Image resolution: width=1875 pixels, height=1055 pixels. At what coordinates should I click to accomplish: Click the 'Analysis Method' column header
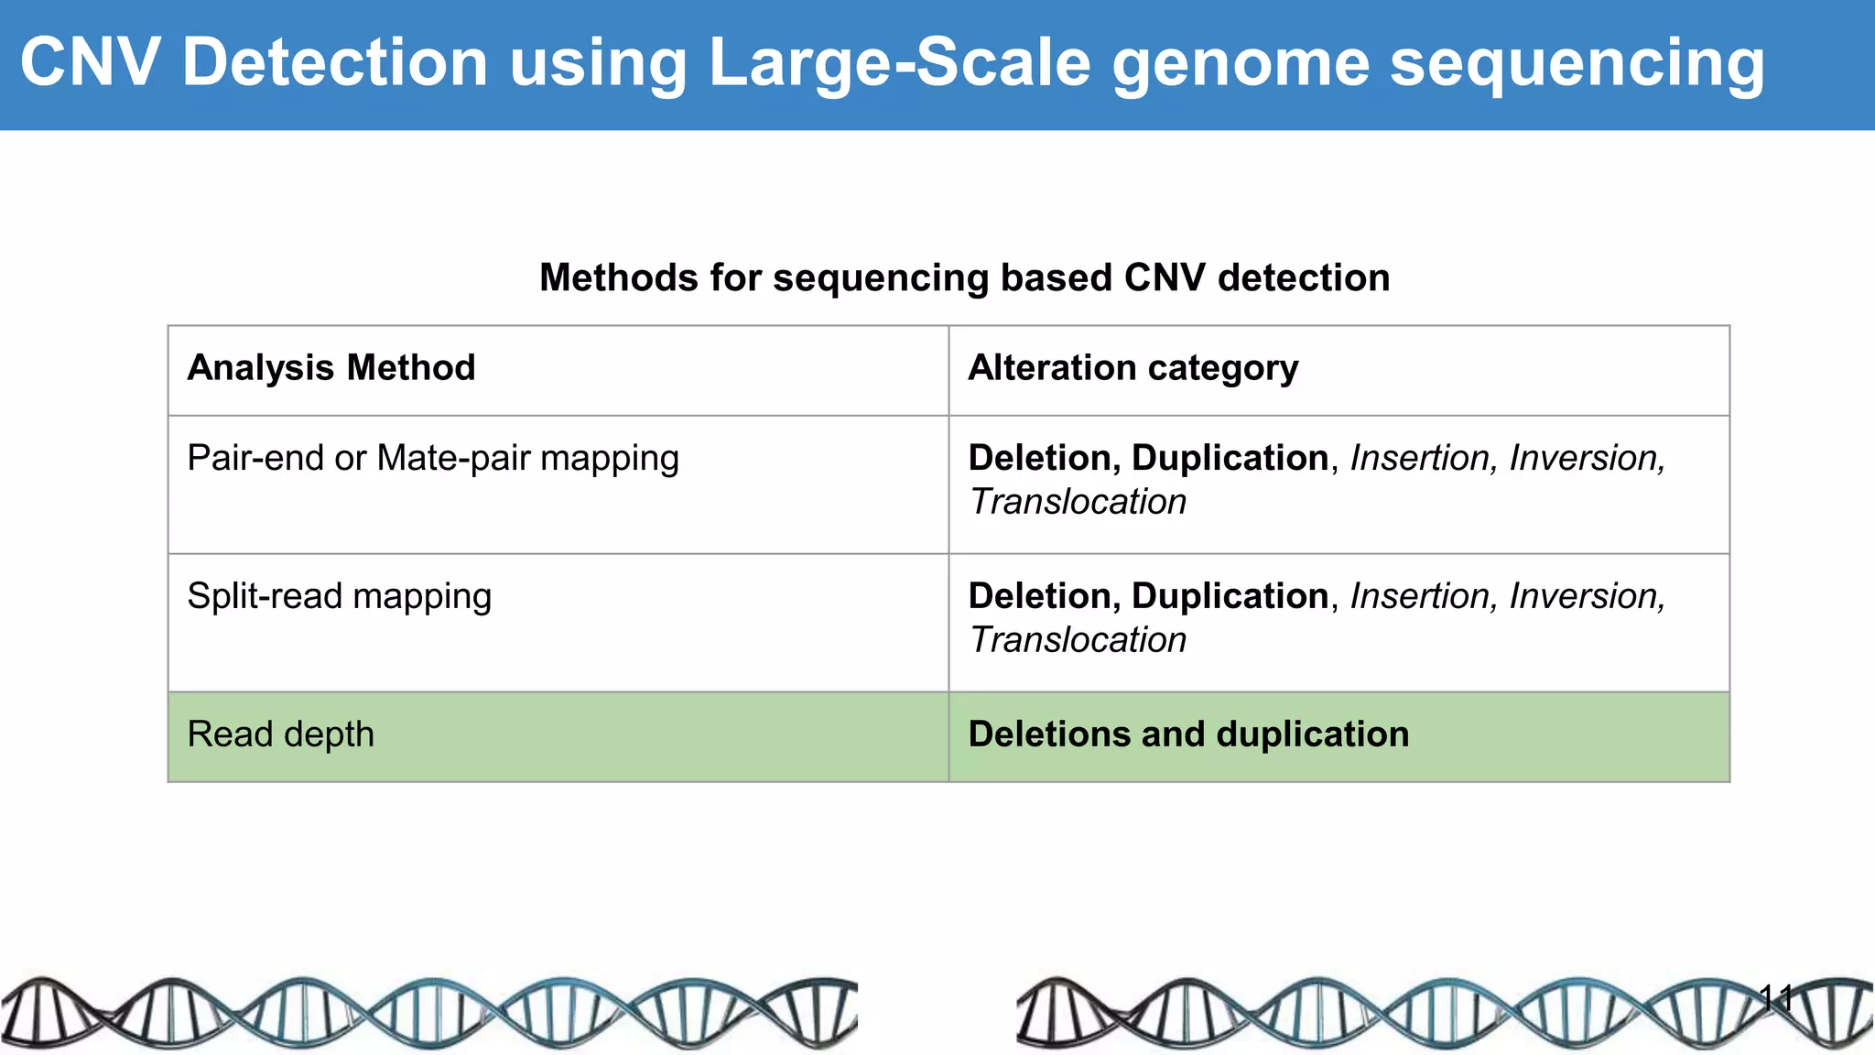pos(331,368)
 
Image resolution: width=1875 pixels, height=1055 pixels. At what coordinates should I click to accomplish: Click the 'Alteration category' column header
pos(1133,368)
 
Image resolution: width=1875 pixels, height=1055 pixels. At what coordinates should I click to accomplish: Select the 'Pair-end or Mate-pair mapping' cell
pos(433,458)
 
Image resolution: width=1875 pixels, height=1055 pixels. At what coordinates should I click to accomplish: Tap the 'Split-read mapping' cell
pos(339,596)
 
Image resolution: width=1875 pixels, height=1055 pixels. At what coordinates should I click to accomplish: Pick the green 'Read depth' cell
pos(281,734)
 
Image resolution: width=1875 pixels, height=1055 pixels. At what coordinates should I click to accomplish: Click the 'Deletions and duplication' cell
pos(1188,734)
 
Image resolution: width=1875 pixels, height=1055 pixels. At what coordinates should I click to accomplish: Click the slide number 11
pos(1776,997)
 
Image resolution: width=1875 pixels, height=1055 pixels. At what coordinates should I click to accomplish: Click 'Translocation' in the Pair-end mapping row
pos(1078,502)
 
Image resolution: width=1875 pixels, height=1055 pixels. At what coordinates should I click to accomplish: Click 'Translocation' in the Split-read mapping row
pos(1078,640)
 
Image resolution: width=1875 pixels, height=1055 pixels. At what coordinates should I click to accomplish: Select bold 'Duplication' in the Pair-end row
pos(1230,458)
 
